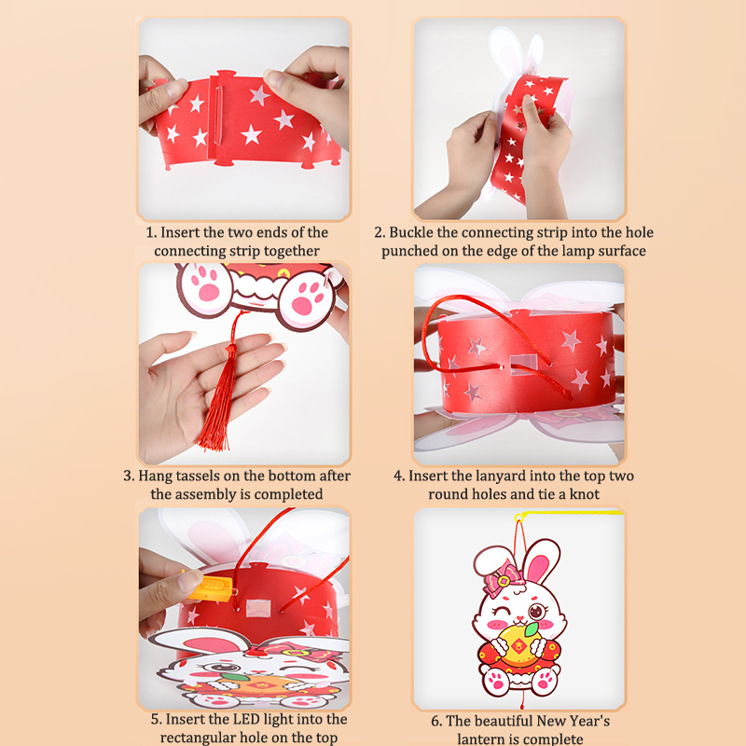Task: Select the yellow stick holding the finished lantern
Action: click(x=569, y=514)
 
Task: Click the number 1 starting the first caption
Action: click(x=150, y=232)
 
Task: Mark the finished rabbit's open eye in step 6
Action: click(x=537, y=611)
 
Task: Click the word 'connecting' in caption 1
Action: click(x=190, y=251)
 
